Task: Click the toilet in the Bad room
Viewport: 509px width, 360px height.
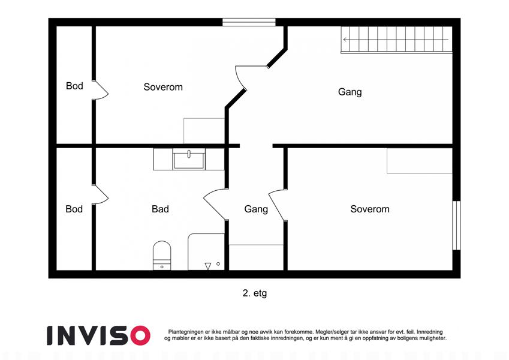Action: click(x=162, y=256)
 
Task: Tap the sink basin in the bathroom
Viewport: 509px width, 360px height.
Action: click(x=189, y=160)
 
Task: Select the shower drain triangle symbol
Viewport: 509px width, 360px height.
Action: click(x=208, y=266)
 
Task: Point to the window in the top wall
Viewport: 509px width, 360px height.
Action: click(x=249, y=22)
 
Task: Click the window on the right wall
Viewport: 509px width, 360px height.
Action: click(x=456, y=225)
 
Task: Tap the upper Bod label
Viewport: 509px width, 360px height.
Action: click(x=74, y=86)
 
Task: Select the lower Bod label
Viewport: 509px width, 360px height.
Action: click(x=74, y=209)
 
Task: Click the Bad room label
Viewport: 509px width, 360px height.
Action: click(x=160, y=209)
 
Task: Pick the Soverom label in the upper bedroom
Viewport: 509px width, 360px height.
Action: click(x=163, y=87)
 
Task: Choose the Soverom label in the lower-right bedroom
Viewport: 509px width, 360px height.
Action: click(x=370, y=209)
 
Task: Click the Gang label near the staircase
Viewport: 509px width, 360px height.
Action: click(x=350, y=92)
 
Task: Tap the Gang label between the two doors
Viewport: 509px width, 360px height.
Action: click(x=256, y=209)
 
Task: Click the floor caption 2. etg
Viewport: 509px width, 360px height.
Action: click(x=254, y=293)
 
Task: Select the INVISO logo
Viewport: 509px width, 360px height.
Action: click(x=98, y=335)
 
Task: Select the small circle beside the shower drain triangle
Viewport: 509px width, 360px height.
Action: click(x=218, y=264)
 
